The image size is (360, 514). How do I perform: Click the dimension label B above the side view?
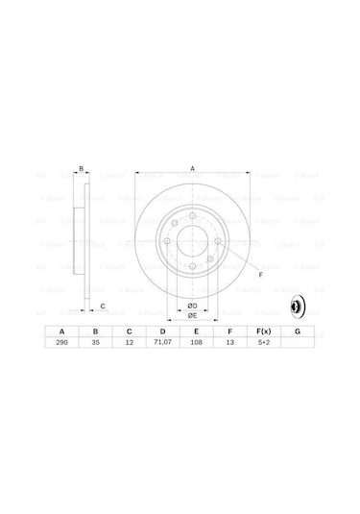pyautogui.click(x=82, y=170)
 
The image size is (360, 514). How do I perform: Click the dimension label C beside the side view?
pyautogui.click(x=103, y=306)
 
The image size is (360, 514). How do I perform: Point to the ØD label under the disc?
pyautogui.click(x=192, y=306)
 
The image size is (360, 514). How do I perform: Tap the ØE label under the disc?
pyautogui.click(x=192, y=315)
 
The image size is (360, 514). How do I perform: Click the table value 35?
pyautogui.click(x=94, y=343)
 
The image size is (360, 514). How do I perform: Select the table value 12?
pyautogui.click(x=128, y=343)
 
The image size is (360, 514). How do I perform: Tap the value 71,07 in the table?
pyautogui.click(x=161, y=343)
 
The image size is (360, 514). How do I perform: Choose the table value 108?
pyautogui.click(x=195, y=343)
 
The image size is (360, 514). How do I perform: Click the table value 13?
pyautogui.click(x=228, y=343)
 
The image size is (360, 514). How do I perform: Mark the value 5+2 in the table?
pyautogui.click(x=262, y=343)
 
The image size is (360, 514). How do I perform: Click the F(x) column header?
pyautogui.click(x=262, y=331)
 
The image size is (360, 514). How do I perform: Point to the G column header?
pyautogui.click(x=298, y=331)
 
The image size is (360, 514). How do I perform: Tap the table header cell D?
pyautogui.click(x=161, y=331)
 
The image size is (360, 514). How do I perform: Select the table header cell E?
pyautogui.click(x=195, y=331)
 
